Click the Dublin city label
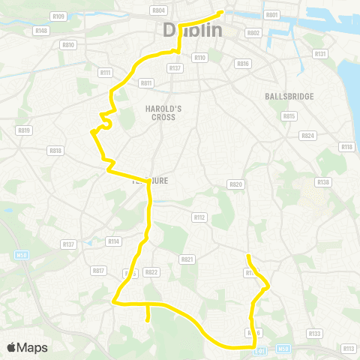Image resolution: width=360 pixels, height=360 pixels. (193, 30)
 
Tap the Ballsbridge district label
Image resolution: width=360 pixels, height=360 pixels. (289, 97)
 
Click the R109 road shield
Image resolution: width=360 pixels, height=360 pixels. (59, 16)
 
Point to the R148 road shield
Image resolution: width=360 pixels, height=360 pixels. (42, 31)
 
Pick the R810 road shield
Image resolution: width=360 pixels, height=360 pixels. (69, 45)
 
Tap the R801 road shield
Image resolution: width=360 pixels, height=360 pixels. (271, 15)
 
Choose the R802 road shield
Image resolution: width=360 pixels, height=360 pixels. (253, 33)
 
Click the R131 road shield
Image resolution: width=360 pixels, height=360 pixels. (321, 54)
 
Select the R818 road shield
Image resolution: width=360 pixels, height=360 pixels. (55, 151)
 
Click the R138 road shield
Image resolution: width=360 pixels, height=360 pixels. (323, 182)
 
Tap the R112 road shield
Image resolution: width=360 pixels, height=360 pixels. (199, 217)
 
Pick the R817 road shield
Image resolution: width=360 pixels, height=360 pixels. (98, 271)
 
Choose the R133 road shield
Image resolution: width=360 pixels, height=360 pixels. (314, 333)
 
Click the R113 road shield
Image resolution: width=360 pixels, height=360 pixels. (348, 349)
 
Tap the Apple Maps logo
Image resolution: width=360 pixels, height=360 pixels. (27, 348)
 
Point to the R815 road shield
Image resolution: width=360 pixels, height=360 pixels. (289, 116)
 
